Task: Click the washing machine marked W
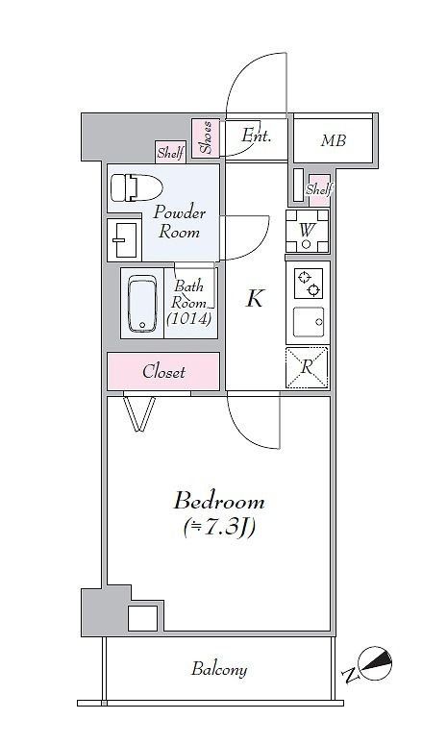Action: point(307,231)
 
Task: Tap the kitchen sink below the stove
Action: point(308,323)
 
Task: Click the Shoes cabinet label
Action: point(206,137)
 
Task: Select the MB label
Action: point(333,141)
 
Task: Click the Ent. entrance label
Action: point(257,136)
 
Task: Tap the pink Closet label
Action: point(163,372)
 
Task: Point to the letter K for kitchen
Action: point(254,299)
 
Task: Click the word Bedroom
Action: point(218,502)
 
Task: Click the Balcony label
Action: point(218,670)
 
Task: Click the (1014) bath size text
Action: point(188,319)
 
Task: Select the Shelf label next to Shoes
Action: point(171,152)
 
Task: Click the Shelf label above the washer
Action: point(318,189)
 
